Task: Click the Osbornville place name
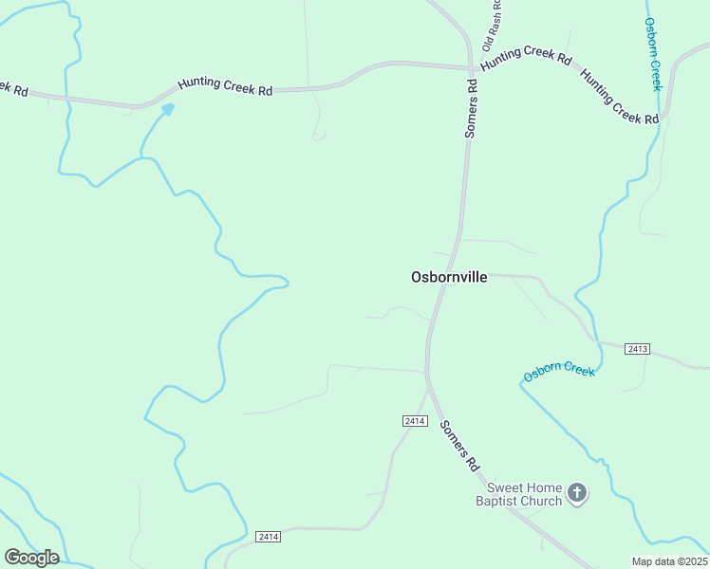coord(449,277)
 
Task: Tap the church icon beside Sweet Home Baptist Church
coord(577,492)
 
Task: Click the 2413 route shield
coord(638,350)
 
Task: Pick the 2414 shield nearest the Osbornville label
coord(414,420)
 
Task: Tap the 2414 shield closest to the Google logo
coord(269,537)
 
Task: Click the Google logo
coord(31,557)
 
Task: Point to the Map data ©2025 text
coord(669,561)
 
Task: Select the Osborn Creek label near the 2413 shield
coord(560,370)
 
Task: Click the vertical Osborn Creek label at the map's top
coord(652,53)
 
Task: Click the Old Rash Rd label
coord(492,27)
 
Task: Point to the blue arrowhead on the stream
coord(168,109)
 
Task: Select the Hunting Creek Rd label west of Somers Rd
coord(225,86)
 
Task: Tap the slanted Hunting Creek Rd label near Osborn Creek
coord(619,96)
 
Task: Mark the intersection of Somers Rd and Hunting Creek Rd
coord(470,67)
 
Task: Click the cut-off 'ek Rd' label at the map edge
coord(13,88)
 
